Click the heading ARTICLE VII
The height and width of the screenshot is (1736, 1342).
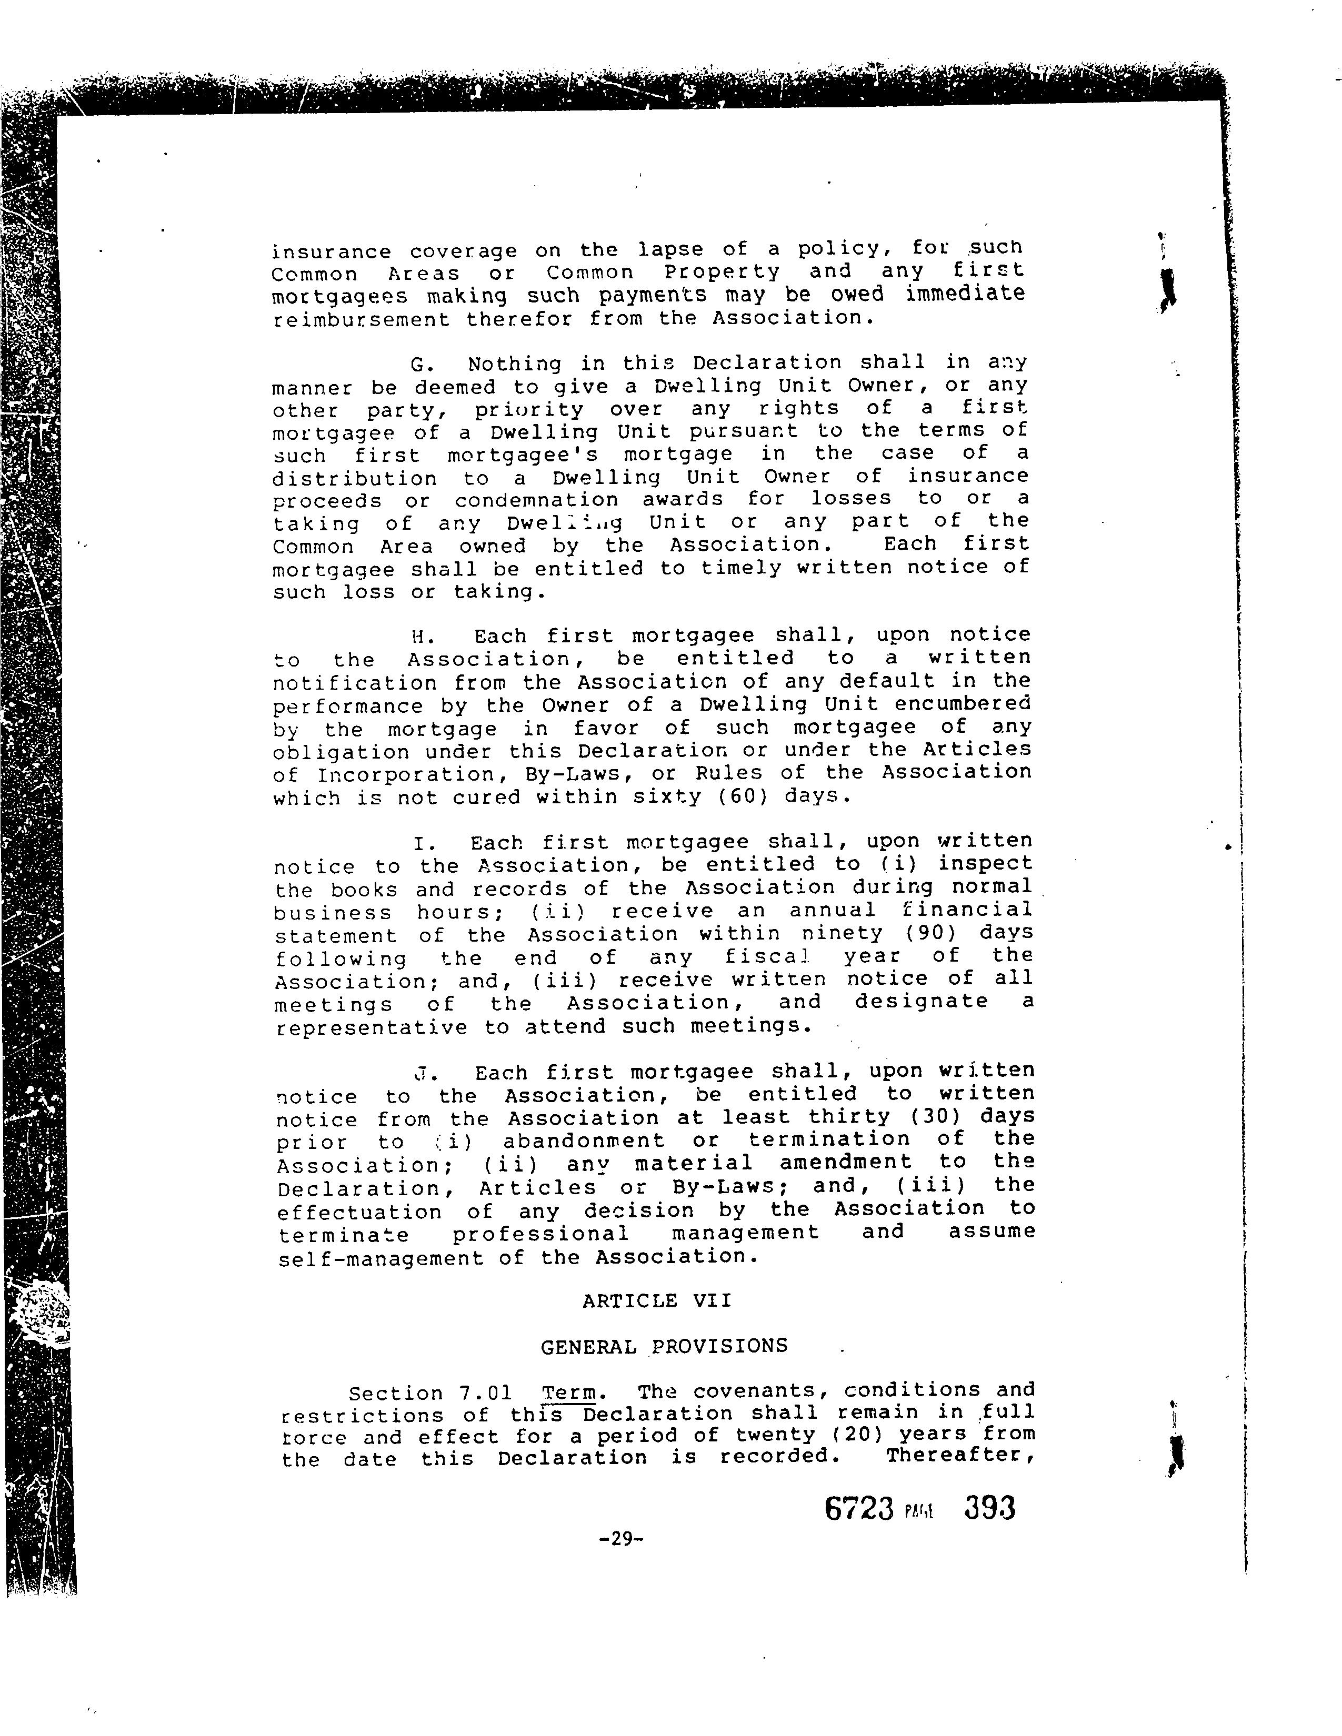coord(657,1301)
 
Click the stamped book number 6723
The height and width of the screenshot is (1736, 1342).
coord(859,1508)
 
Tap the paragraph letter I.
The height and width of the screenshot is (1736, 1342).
coord(422,843)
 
